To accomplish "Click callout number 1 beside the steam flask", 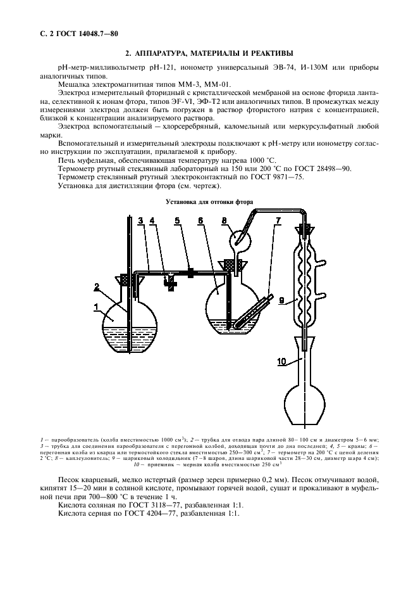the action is point(96,307).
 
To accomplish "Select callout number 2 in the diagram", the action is point(97,288).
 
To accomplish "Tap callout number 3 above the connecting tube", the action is point(140,221).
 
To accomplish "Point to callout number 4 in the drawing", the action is point(152,221).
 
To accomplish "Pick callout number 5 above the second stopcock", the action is point(177,221).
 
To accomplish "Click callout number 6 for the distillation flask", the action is point(200,221).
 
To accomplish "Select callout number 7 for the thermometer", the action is point(278,221).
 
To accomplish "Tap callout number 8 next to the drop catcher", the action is point(225,221).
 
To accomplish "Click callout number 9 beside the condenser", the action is point(281,301).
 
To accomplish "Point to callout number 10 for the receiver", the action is point(281,362).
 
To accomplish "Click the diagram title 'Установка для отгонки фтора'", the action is point(209,202).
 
